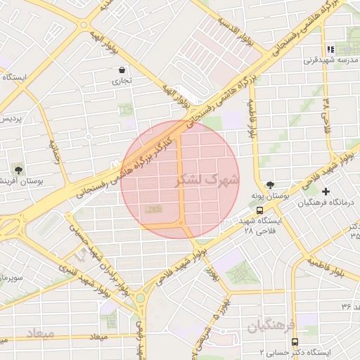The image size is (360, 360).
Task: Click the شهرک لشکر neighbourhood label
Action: point(207,180)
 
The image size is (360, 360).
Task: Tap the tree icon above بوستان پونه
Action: point(271,184)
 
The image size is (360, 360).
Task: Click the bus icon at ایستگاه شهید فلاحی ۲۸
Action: point(260,210)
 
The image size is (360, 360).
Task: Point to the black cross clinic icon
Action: point(325,191)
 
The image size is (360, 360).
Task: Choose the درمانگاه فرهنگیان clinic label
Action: point(324,202)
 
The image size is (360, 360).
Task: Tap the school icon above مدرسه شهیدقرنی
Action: point(331,49)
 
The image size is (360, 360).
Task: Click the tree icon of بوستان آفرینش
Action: point(18,170)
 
